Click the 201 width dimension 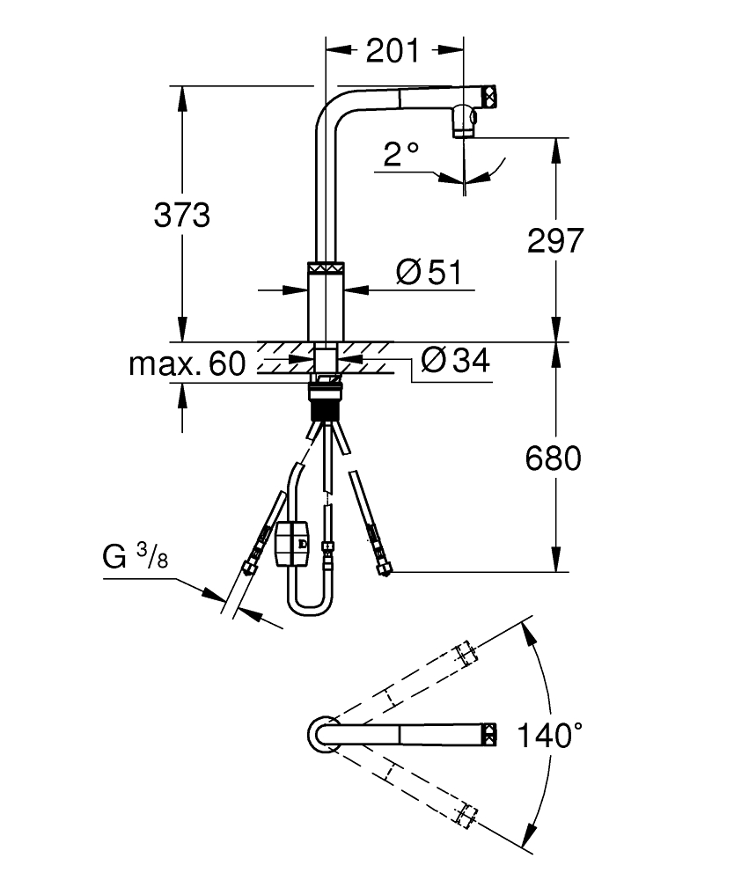click(393, 52)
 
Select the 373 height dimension click(182, 214)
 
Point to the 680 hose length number click(554, 458)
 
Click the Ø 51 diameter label click(429, 272)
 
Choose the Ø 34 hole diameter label click(454, 360)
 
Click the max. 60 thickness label click(186, 363)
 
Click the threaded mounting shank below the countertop click(324, 409)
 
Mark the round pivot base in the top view click(323, 734)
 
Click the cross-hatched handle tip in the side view click(489, 94)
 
